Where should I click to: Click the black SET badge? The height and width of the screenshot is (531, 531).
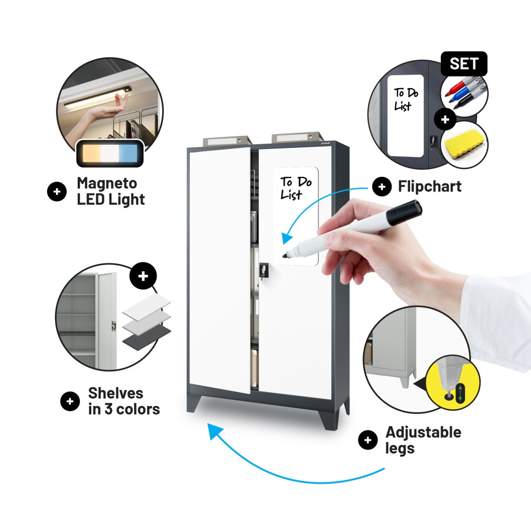(x=464, y=64)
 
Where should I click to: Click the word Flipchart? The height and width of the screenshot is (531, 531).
(x=429, y=186)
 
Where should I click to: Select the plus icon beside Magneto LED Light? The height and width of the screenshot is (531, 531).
(x=57, y=192)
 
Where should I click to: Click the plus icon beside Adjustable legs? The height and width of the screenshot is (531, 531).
(x=368, y=440)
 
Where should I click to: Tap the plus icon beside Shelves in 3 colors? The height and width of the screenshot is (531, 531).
(x=70, y=401)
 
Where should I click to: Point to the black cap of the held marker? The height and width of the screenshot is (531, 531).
(x=404, y=212)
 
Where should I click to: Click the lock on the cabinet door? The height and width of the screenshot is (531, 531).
(x=264, y=271)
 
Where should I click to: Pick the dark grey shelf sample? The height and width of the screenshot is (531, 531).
(x=146, y=337)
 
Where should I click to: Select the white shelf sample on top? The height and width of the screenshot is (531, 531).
(x=146, y=306)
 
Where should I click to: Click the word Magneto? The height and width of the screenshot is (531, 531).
(x=107, y=184)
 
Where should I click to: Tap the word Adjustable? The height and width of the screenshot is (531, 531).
(x=423, y=433)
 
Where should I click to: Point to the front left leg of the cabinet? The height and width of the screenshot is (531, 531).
(x=194, y=403)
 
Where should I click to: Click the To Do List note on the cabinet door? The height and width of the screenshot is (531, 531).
(x=296, y=216)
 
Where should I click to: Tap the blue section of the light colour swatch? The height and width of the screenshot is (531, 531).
(x=128, y=153)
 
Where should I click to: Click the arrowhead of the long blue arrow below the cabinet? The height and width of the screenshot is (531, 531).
(x=215, y=431)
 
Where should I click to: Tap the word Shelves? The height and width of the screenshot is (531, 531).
(x=116, y=394)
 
